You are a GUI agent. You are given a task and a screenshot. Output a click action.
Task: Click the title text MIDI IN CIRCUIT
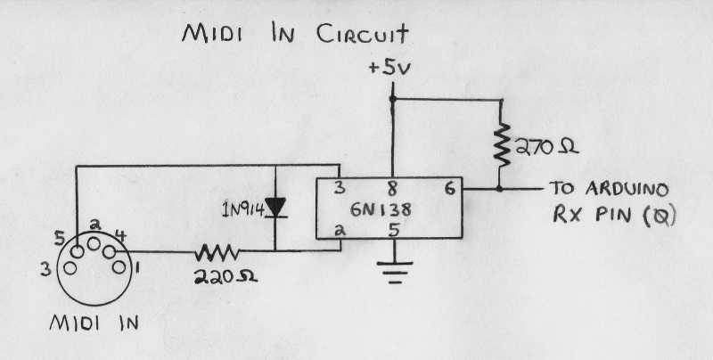click(294, 35)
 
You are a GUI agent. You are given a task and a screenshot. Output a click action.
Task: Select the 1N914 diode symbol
click(275, 208)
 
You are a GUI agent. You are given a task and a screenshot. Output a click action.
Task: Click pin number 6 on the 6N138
click(449, 189)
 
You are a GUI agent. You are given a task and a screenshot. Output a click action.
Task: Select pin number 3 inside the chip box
click(340, 188)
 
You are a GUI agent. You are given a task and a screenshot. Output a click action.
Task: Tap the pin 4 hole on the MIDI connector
click(110, 251)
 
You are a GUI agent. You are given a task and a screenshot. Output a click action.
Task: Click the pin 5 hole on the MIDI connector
click(77, 251)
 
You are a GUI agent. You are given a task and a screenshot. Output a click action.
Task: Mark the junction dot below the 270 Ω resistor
click(500, 189)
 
